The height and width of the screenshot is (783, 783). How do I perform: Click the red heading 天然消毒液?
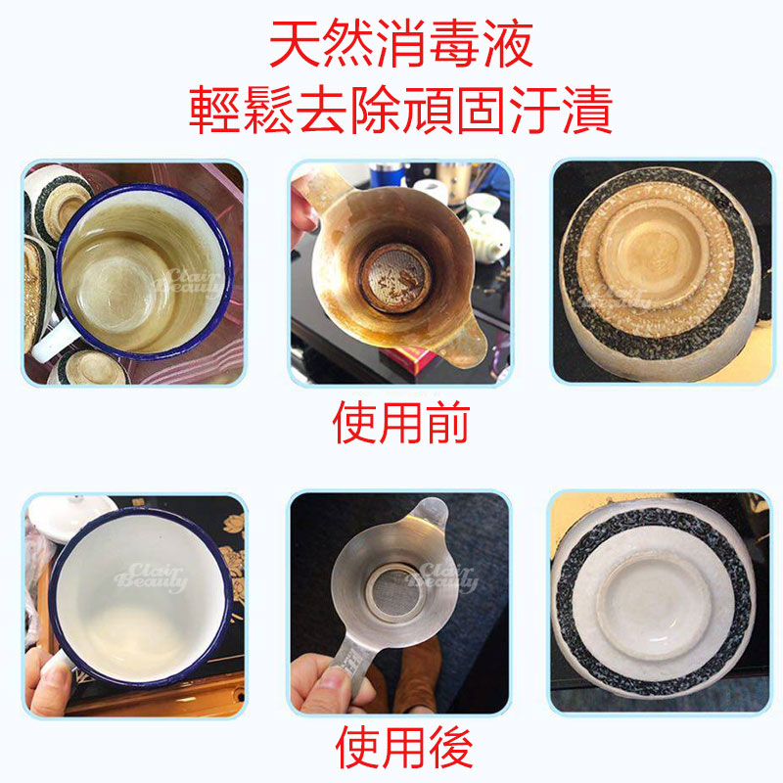pyautogui.click(x=401, y=44)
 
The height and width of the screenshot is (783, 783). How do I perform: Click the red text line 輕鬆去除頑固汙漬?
pyautogui.click(x=401, y=110)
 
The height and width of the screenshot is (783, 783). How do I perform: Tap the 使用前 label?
pyautogui.click(x=401, y=423)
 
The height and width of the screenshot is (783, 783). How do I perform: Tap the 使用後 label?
pyautogui.click(x=403, y=748)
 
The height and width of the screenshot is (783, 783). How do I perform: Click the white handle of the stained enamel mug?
pyautogui.click(x=54, y=341)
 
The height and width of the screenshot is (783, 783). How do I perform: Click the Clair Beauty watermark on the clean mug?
pyautogui.click(x=151, y=578)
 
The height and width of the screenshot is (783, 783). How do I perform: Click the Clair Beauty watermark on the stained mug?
pyautogui.click(x=187, y=282)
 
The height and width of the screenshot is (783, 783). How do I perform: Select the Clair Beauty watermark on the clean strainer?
pyautogui.click(x=441, y=578)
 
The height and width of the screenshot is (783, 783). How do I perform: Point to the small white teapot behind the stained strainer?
pyautogui.click(x=486, y=236)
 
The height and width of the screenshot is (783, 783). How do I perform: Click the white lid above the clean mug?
pyautogui.click(x=69, y=518)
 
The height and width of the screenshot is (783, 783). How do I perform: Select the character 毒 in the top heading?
pyautogui.click(x=453, y=44)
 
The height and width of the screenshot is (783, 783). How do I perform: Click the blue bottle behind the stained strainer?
pyautogui.click(x=387, y=175)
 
